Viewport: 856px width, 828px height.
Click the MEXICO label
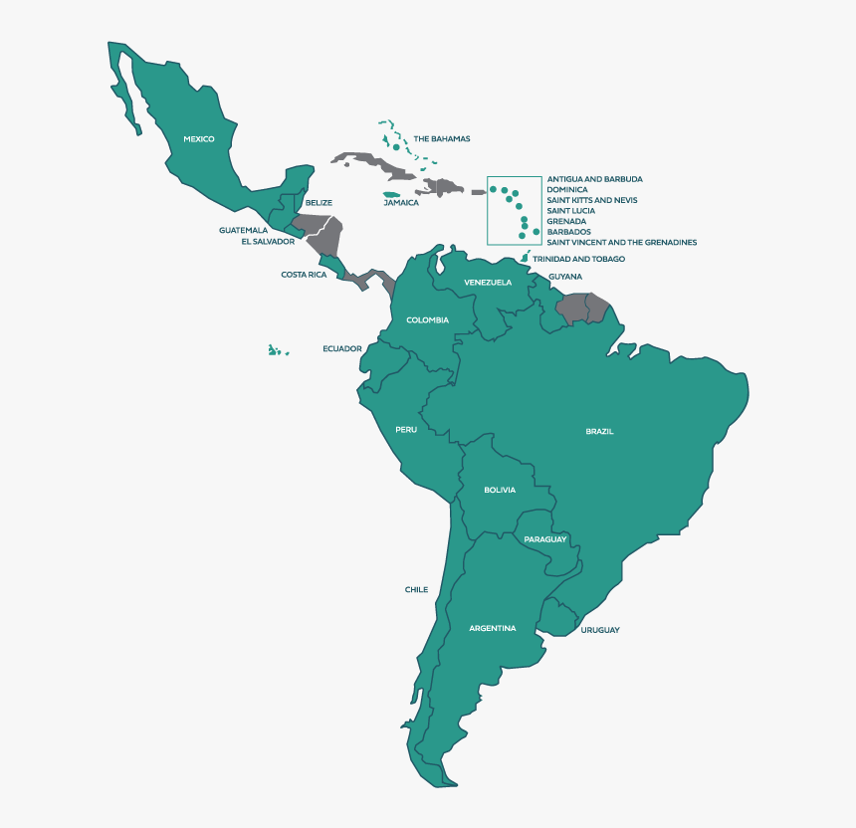pos(199,139)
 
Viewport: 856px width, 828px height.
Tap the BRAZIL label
pos(599,431)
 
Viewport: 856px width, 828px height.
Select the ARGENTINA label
pos(493,628)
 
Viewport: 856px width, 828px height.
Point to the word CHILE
pos(416,589)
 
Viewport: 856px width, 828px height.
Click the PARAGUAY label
pos(545,539)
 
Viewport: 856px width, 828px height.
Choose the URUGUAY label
pos(600,630)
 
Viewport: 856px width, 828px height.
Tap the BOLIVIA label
pos(500,490)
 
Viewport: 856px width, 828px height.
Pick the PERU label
pos(406,429)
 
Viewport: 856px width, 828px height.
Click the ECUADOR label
pos(341,349)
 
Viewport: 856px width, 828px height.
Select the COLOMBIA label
pos(427,319)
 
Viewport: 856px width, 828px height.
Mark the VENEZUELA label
pos(488,283)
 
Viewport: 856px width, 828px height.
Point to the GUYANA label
pos(565,277)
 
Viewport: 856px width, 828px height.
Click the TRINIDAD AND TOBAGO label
pos(578,259)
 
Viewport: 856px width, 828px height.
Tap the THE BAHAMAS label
pos(442,139)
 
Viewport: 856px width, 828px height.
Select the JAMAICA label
pos(401,202)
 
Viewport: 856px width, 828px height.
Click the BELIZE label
pos(319,202)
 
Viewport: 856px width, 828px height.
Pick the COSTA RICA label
pos(304,275)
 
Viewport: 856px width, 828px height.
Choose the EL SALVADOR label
pos(268,241)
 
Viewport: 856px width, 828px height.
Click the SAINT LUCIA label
pos(571,211)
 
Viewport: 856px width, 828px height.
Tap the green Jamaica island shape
pos(392,193)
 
